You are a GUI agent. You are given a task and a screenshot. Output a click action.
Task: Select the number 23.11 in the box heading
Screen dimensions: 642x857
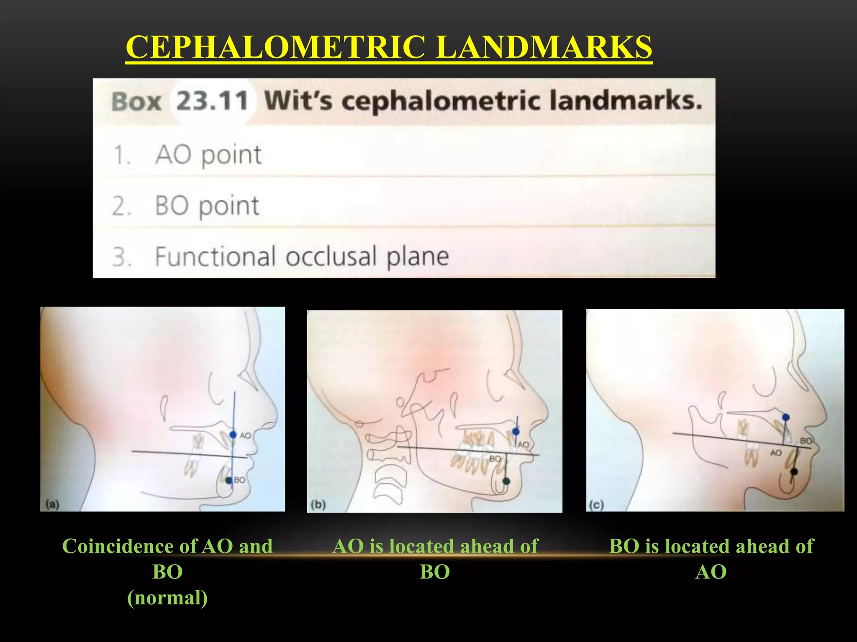point(212,102)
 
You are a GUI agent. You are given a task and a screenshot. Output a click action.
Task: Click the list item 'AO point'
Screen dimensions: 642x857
point(208,155)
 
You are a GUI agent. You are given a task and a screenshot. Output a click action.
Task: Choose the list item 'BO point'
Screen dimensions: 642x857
point(207,206)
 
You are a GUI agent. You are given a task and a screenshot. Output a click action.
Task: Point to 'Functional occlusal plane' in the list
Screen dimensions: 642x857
point(301,256)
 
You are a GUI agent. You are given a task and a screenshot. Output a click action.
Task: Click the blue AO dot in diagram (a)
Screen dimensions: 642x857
point(233,435)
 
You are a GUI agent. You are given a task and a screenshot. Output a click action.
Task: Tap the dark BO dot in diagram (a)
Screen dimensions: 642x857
point(228,480)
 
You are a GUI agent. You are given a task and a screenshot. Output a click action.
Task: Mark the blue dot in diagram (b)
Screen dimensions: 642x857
point(516,431)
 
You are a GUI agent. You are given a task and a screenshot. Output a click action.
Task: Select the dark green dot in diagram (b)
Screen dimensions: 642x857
point(506,481)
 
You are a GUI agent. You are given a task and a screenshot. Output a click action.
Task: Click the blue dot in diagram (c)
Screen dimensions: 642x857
point(786,417)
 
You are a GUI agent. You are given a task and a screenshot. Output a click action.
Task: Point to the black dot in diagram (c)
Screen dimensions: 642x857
point(793,472)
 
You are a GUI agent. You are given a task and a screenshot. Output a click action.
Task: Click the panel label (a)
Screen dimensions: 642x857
point(52,504)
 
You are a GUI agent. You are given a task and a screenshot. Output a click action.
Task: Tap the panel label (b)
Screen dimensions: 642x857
point(318,504)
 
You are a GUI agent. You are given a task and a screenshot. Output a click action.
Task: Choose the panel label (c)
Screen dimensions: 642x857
point(596,505)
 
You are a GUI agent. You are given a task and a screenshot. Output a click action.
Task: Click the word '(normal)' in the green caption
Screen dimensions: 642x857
point(167,598)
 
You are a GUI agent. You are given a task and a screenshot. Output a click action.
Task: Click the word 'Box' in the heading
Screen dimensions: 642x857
point(136,102)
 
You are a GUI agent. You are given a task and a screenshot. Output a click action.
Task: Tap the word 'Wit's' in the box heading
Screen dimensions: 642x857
point(298,101)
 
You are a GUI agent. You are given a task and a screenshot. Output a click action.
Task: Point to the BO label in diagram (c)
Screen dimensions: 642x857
point(806,441)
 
